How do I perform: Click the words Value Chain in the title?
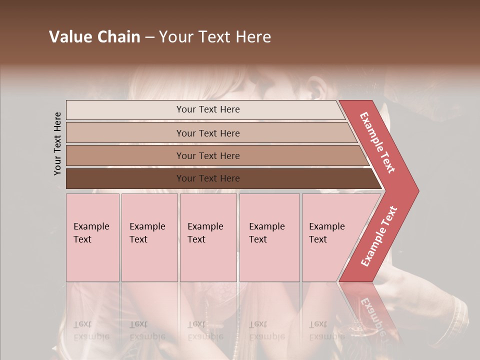click(x=94, y=37)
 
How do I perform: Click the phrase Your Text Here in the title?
click(x=215, y=37)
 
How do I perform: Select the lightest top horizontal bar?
click(x=125, y=110)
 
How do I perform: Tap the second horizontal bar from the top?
click(x=125, y=133)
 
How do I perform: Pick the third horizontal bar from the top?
click(x=125, y=155)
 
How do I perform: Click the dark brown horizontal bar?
click(x=125, y=178)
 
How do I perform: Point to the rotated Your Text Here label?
click(x=57, y=144)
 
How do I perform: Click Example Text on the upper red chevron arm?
click(x=377, y=142)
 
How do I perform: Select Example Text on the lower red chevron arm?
click(x=379, y=236)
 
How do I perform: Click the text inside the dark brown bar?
click(x=208, y=178)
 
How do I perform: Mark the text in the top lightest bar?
click(x=208, y=109)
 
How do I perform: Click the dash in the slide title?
click(x=149, y=37)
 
